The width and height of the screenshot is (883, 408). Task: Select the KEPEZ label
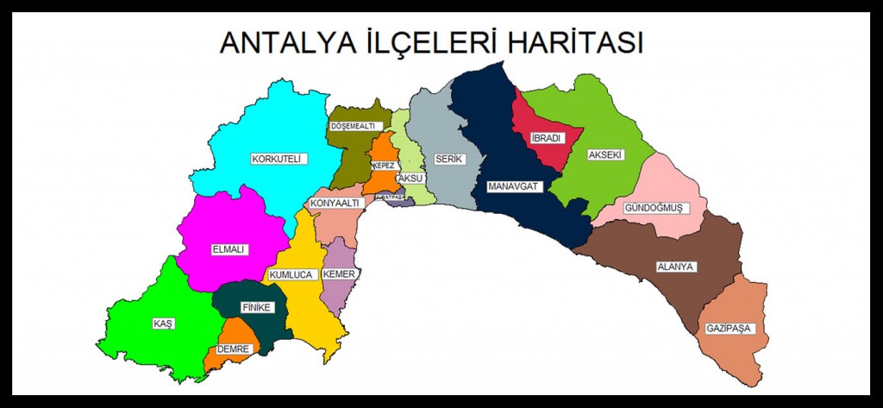tap(384, 165)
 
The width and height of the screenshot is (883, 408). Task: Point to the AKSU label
tap(410, 179)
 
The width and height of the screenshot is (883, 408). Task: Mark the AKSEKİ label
tap(604, 155)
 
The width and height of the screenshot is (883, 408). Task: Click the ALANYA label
tap(675, 267)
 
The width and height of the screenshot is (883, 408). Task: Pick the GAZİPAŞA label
tap(730, 329)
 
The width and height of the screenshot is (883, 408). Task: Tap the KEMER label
tap(339, 274)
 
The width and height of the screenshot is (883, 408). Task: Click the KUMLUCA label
tap(290, 275)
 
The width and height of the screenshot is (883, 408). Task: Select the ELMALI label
tap(229, 249)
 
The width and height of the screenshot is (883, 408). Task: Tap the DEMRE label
tap(234, 349)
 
